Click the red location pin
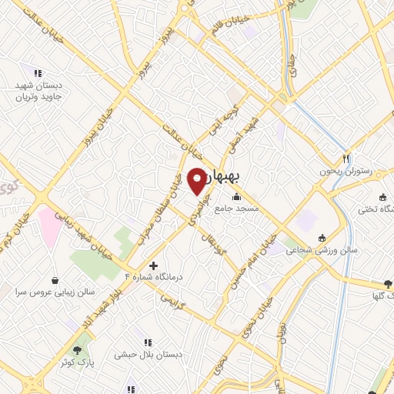coord(198,180)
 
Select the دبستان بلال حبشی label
coord(149,355)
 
